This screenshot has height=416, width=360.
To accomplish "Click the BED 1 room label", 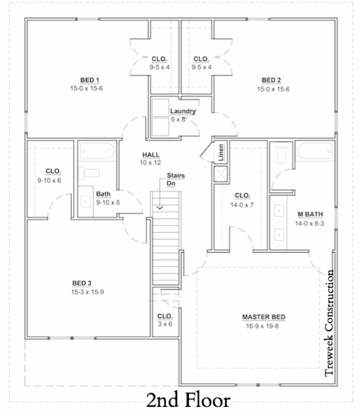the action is [x=90, y=80].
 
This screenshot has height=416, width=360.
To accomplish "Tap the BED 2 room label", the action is [x=271, y=80].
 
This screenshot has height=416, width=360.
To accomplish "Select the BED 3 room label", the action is [x=82, y=284].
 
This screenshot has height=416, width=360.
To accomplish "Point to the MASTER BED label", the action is [x=264, y=317].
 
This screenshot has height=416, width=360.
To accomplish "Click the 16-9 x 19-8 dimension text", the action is [x=262, y=326].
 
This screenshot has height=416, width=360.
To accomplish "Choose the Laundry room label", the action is [x=183, y=111].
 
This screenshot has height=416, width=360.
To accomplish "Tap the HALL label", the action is [x=151, y=155].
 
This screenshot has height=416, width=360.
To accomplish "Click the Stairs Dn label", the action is [x=176, y=179].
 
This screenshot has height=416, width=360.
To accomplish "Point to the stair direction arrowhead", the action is [x=160, y=208].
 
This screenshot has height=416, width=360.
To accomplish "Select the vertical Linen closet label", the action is [x=221, y=152].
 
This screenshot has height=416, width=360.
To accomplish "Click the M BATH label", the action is [x=310, y=214].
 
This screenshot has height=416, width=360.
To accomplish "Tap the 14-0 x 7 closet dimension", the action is [x=242, y=205].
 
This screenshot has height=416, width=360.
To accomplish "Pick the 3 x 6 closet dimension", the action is [x=165, y=324].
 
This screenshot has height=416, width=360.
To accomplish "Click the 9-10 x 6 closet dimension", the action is [x=49, y=180].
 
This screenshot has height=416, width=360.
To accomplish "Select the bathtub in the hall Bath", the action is [x=97, y=151].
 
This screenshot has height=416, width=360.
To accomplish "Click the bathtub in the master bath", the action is [x=315, y=151].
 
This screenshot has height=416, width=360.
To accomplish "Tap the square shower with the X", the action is [x=221, y=174].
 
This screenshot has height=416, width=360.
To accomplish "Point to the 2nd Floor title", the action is [x=188, y=401].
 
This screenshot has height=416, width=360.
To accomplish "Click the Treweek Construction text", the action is [x=329, y=323].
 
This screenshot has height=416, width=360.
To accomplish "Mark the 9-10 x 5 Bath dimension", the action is [x=108, y=203].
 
